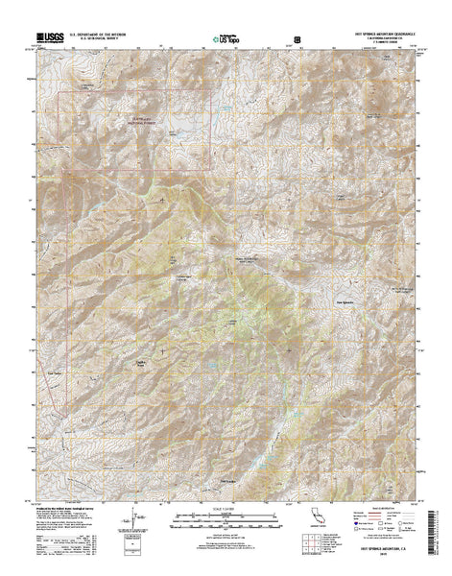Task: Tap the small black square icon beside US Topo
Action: click(x=297, y=40)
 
